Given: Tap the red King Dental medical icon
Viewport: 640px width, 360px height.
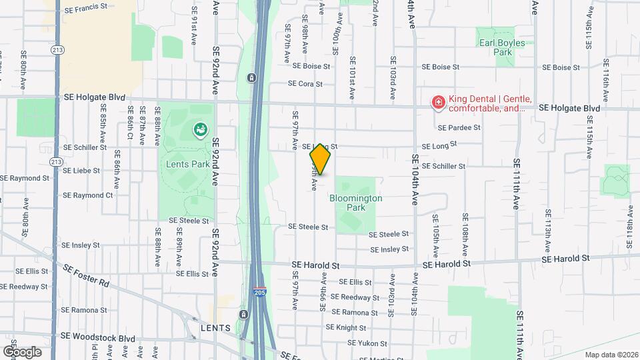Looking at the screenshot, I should point(438,103).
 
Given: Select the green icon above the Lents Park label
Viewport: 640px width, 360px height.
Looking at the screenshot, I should point(199,130).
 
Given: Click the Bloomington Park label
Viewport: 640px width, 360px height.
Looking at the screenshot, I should point(355,203).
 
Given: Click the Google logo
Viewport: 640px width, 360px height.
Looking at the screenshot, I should point(21,351).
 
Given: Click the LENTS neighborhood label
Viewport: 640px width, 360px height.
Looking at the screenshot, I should point(216,329).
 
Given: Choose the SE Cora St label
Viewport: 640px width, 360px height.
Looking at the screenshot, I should point(305,84).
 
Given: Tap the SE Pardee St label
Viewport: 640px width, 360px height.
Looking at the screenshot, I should point(459,127).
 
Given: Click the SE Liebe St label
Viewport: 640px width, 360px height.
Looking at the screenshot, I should point(81,171).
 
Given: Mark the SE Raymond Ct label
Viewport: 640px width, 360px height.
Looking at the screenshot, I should point(87,195).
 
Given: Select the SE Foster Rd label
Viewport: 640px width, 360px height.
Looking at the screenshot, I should point(87,275).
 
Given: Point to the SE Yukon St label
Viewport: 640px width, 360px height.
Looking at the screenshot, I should point(367,344).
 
